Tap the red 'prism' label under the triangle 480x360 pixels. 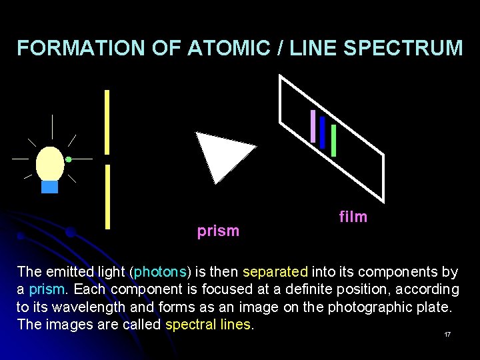[x=218, y=231]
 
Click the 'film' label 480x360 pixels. [x=353, y=217]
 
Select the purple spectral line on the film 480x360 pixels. [x=313, y=125]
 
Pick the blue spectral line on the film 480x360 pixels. [x=323, y=132]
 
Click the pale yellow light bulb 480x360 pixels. [x=50, y=163]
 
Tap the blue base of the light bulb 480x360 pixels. [x=50, y=187]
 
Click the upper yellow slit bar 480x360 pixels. [x=107, y=121]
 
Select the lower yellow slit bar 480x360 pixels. [x=107, y=197]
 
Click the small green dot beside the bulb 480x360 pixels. [x=69, y=159]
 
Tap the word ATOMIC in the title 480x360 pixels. [x=224, y=48]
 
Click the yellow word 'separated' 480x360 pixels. [x=275, y=272]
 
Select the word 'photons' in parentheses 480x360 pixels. [x=161, y=272]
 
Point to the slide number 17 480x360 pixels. [x=447, y=334]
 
